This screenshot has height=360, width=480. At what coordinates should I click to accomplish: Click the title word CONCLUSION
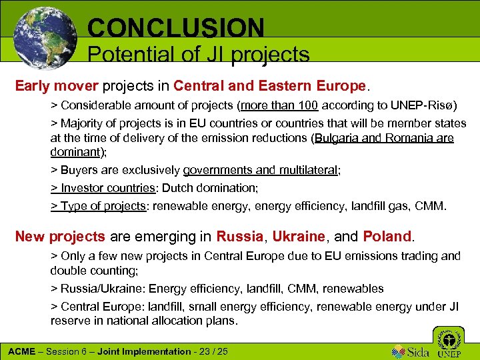coord(176,27)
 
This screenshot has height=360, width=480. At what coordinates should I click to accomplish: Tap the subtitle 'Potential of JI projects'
coord(198,55)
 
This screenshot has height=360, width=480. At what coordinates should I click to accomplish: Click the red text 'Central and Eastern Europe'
coord(269,87)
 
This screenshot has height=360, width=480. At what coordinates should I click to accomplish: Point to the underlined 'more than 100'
coord(280,107)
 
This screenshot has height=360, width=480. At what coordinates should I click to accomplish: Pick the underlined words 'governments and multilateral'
coord(261,171)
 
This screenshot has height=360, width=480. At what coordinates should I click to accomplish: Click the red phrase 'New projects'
coord(60,236)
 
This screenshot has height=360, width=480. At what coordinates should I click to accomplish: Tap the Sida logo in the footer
coord(409,351)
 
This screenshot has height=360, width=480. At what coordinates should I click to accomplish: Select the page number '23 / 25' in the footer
coord(213,351)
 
